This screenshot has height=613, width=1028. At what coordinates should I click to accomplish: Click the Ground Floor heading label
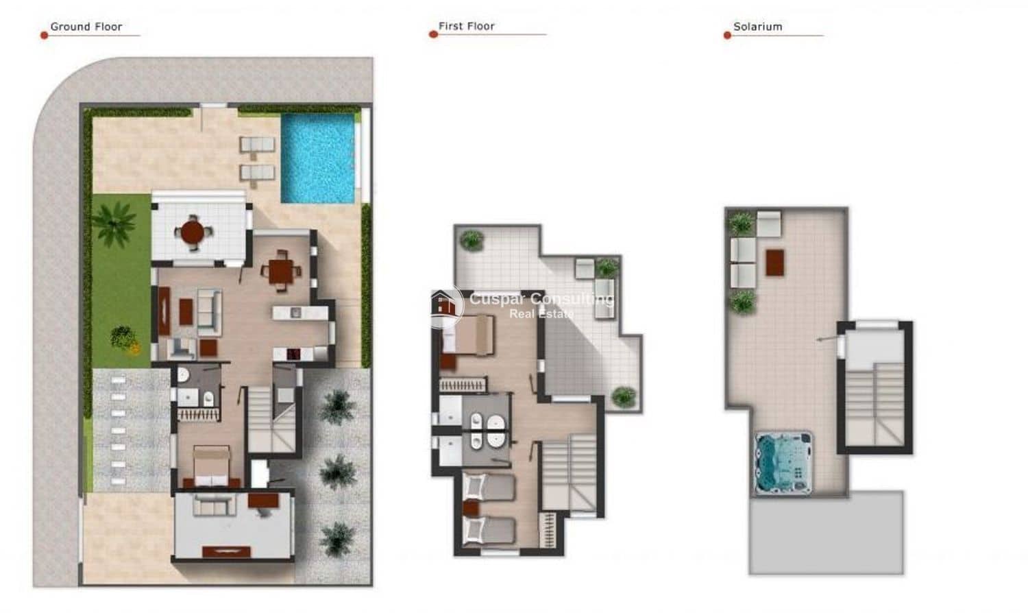[86, 27]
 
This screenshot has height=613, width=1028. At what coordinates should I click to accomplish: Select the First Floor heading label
[466, 26]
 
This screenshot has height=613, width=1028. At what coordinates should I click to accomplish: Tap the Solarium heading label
[757, 27]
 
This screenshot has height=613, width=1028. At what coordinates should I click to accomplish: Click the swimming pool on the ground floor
[318, 158]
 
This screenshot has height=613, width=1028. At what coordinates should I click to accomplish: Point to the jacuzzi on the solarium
[783, 461]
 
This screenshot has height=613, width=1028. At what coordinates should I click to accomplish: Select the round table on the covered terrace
[194, 232]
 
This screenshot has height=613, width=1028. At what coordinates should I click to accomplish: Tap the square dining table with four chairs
[281, 271]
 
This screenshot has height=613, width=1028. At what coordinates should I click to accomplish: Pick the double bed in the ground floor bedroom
[210, 466]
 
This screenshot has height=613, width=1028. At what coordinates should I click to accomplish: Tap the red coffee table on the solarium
[774, 262]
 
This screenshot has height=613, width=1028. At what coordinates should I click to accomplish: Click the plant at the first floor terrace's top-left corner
[472, 240]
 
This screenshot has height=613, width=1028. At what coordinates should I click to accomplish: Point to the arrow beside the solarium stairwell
[825, 339]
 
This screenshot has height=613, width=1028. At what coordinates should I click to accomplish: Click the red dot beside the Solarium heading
[727, 35]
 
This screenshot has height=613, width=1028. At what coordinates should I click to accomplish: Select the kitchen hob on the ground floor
[293, 354]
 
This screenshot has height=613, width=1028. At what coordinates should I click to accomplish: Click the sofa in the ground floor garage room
[215, 505]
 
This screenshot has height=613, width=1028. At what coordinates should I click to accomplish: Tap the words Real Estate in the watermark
[541, 314]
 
